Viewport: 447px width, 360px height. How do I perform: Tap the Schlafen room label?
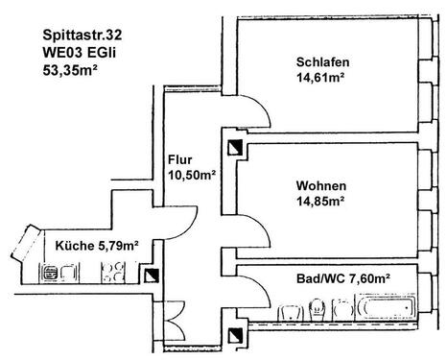pyautogui.click(x=321, y=63)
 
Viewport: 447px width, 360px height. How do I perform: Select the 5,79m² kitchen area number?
pyautogui.click(x=119, y=247)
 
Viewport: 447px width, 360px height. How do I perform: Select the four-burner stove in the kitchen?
pyautogui.click(x=111, y=275)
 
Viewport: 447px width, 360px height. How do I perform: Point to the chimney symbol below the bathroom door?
pyautogui.click(x=236, y=336)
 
